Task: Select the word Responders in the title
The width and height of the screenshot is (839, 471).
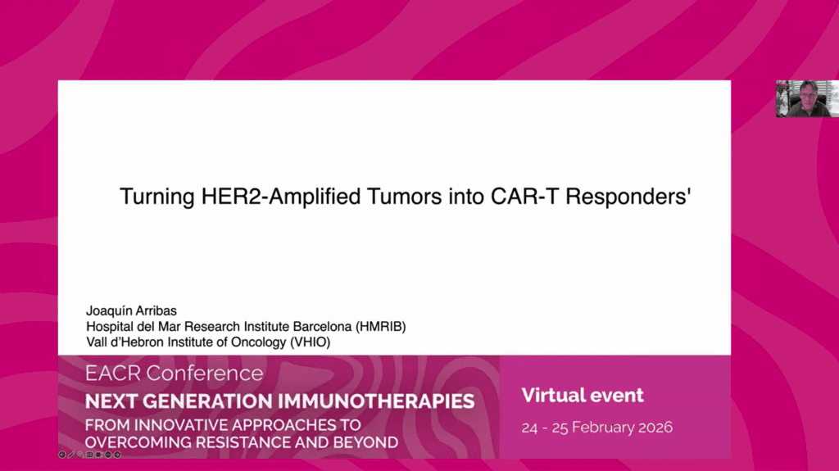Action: point(629,197)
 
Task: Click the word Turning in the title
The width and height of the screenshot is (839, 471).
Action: point(153,197)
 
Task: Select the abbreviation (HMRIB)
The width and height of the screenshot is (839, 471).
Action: point(379,326)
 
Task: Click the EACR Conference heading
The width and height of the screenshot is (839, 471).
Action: point(175,374)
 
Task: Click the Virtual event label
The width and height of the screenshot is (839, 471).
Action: point(583,396)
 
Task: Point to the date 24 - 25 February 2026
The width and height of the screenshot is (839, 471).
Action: point(597,428)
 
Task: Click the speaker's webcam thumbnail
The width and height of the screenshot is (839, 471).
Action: point(806,98)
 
